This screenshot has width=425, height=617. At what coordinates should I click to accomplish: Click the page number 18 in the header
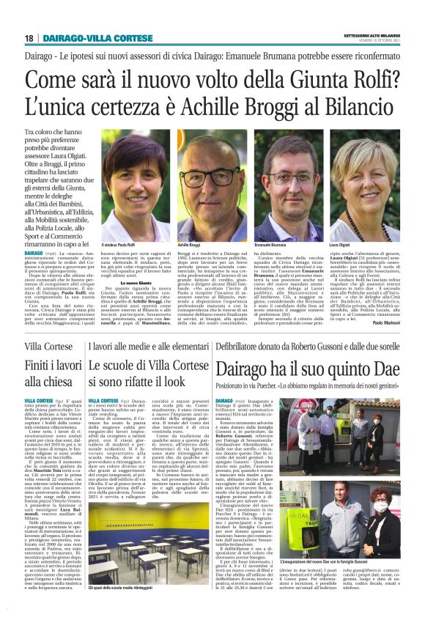(x=28, y=37)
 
